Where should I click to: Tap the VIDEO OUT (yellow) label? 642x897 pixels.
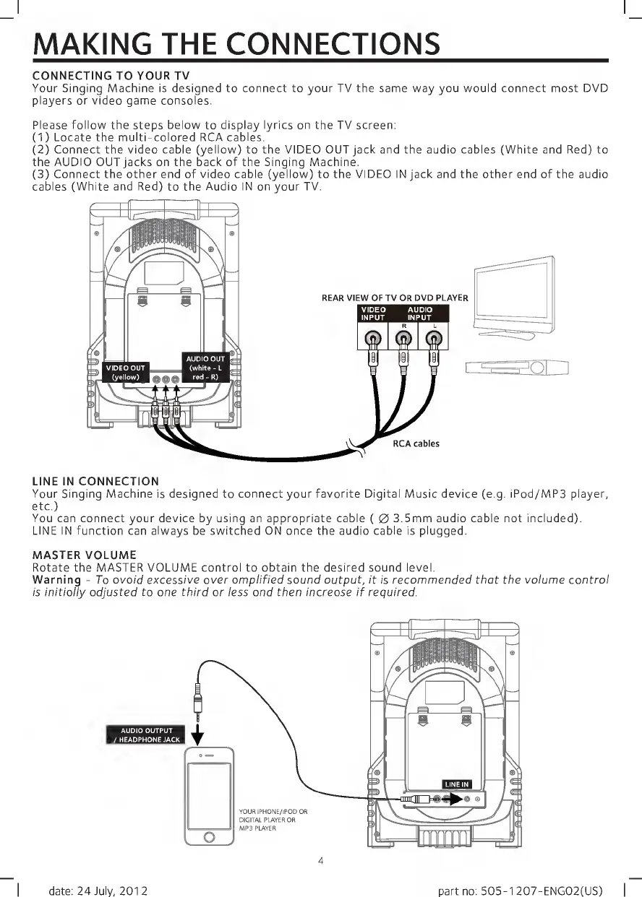click(x=127, y=371)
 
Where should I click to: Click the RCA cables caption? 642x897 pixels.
click(x=416, y=443)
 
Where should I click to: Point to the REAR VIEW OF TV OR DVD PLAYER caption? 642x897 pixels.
click(x=395, y=298)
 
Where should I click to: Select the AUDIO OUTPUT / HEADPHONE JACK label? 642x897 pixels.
click(x=146, y=734)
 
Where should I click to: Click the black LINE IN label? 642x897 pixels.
click(x=456, y=784)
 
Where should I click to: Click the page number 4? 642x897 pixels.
click(x=320, y=859)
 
